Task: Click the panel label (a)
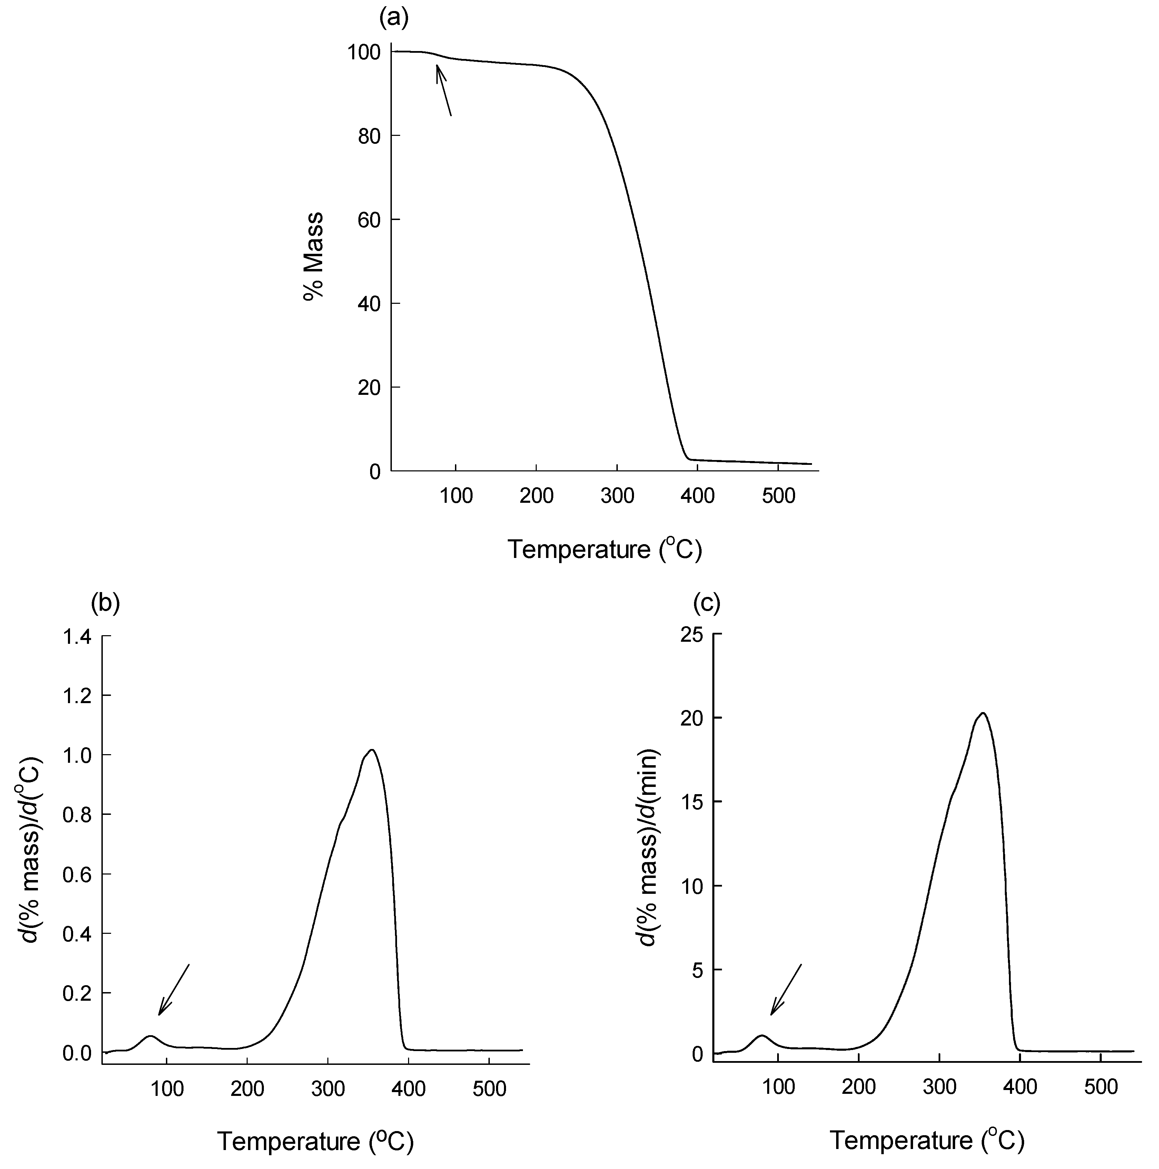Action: pyautogui.click(x=393, y=19)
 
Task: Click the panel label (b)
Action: pyautogui.click(x=105, y=603)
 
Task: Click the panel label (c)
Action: pyautogui.click(x=706, y=603)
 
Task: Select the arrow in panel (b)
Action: pyautogui.click(x=174, y=985)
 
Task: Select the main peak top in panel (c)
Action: pyautogui.click(x=983, y=713)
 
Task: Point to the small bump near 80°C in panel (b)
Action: pyautogui.click(x=150, y=1037)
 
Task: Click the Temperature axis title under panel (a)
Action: pyautogui.click(x=604, y=549)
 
